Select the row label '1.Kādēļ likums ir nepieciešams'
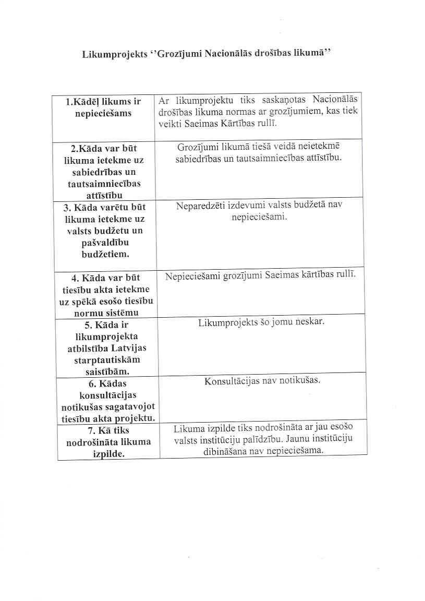click(103, 107)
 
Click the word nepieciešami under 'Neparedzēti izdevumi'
click(260, 216)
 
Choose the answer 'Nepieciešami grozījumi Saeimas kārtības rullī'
click(260, 276)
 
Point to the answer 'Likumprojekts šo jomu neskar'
click(261, 322)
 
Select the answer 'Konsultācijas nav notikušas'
click(262, 381)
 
